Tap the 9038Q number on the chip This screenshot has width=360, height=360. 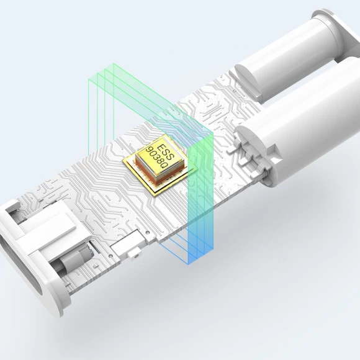[x=157, y=158]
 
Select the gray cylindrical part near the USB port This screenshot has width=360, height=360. [x=71, y=260]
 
